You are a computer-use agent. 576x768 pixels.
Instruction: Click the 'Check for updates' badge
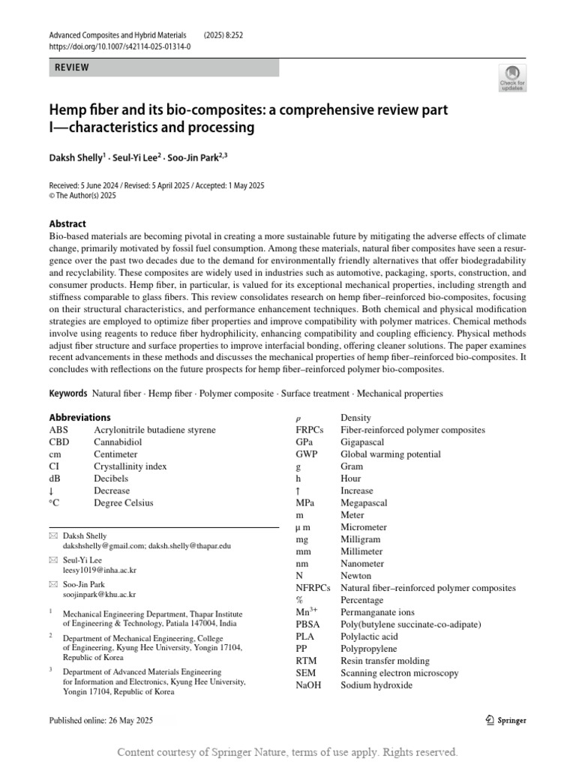coord(512,78)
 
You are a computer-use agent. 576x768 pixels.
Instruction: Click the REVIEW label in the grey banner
coord(72,67)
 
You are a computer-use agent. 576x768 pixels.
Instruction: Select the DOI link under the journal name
coord(119,46)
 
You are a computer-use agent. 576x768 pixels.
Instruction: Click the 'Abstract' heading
coord(67,223)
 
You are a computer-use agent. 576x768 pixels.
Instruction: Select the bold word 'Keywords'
coord(68,393)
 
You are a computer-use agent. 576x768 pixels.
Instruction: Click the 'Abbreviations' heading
coord(79,417)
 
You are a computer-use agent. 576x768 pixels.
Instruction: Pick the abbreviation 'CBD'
coord(59,442)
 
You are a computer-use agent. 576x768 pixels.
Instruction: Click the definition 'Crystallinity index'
coord(130,466)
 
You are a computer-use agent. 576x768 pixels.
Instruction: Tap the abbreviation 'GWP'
coord(307,454)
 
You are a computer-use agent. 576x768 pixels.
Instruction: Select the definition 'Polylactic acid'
coord(369,636)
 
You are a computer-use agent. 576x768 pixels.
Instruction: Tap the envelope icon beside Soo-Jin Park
coord(52,584)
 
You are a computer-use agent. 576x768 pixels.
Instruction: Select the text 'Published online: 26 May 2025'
coord(100,721)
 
